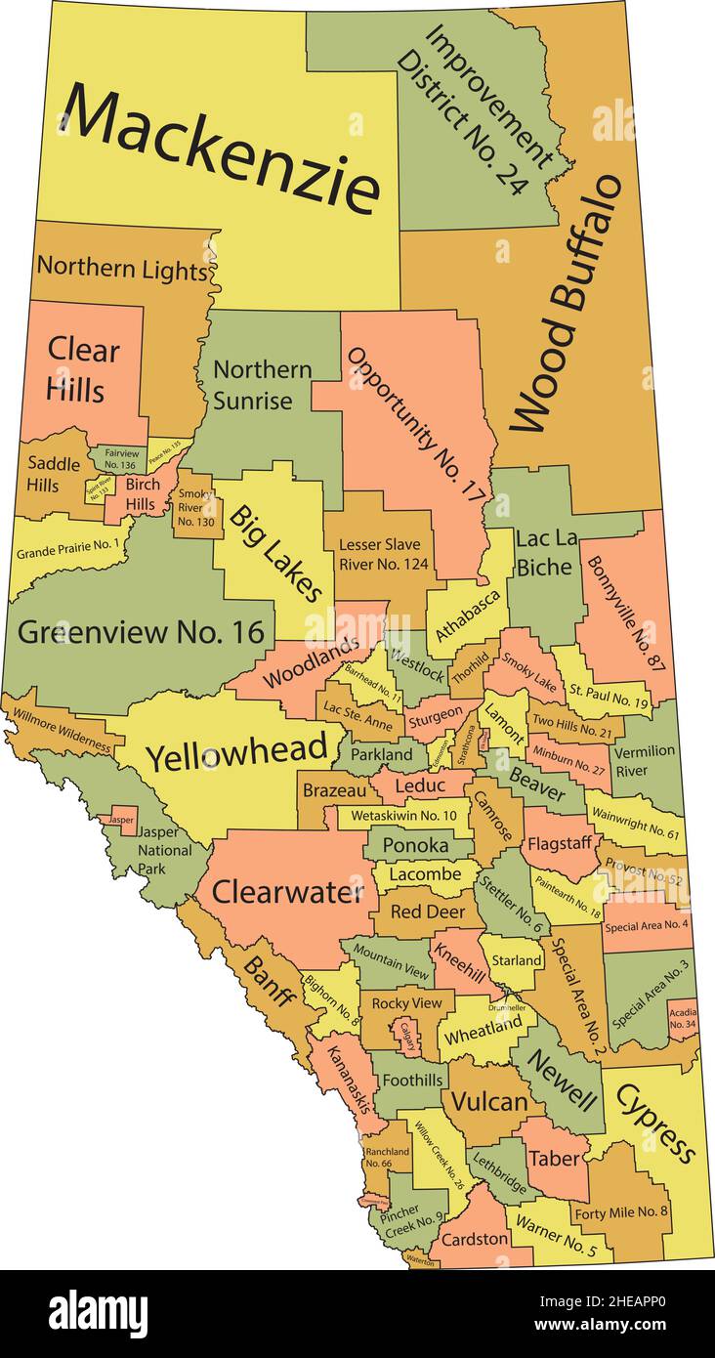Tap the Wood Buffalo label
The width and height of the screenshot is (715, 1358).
(x=566, y=304)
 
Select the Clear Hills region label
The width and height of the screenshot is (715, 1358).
(x=83, y=369)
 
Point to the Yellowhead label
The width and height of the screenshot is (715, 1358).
(x=236, y=751)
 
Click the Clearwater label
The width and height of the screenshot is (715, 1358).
(x=288, y=891)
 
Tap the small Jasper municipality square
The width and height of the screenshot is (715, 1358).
(x=122, y=819)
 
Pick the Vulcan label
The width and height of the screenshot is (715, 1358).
(x=488, y=1101)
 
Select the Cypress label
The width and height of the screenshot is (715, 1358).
(x=655, y=1124)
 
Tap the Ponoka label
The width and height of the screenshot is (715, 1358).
(x=415, y=845)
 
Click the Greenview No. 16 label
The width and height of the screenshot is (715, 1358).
(x=142, y=632)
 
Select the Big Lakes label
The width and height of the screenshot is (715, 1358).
(x=276, y=553)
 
